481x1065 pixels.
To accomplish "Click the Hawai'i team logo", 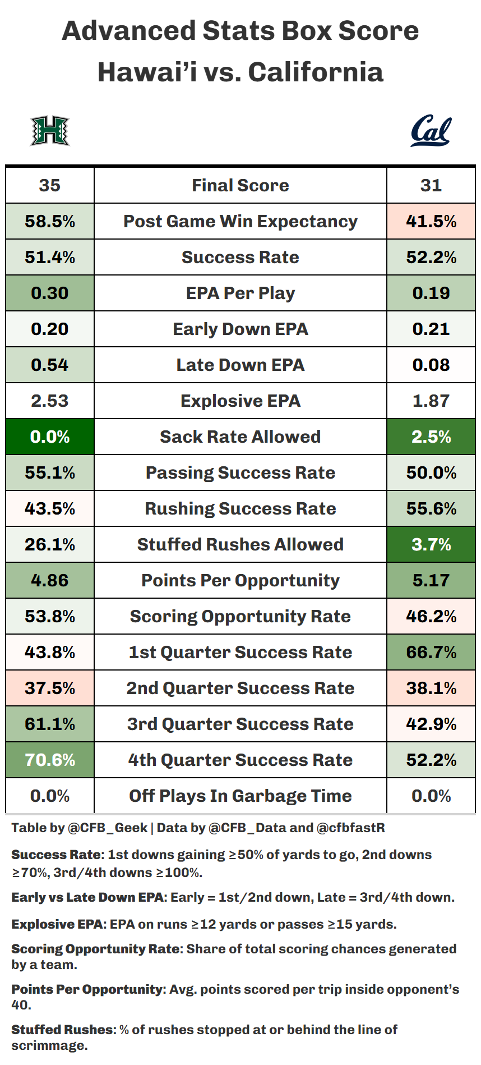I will tap(49, 131).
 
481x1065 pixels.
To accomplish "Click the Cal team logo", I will tap(431, 131).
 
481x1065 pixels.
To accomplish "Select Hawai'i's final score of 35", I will tap(50, 185).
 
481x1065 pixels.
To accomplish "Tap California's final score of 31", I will tap(431, 185).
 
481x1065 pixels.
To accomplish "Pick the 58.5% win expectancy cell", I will tap(50, 221).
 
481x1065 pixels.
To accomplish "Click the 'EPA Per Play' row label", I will tap(240, 293).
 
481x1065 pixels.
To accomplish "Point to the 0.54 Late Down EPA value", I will tap(50, 365).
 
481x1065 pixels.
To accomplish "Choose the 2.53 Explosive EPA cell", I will tap(50, 401).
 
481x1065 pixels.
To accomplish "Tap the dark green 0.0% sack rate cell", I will tap(50, 437).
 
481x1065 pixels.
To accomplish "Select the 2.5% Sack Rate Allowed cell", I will tap(431, 437).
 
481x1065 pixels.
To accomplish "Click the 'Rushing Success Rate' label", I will tap(240, 508).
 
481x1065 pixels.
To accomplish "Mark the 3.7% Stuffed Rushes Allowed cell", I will tap(431, 544).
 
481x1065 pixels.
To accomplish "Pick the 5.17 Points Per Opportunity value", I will tap(431, 580).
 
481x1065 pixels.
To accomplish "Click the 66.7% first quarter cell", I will tap(431, 652).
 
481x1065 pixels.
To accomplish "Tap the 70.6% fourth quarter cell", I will tap(50, 760).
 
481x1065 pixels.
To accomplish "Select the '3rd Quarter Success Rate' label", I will tap(240, 724).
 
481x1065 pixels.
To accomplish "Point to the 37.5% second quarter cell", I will tap(50, 688).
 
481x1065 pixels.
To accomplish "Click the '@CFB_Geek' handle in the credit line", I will tap(107, 828).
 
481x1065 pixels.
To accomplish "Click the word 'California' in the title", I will tap(316, 72).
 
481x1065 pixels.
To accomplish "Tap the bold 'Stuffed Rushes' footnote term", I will tap(62, 1030).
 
